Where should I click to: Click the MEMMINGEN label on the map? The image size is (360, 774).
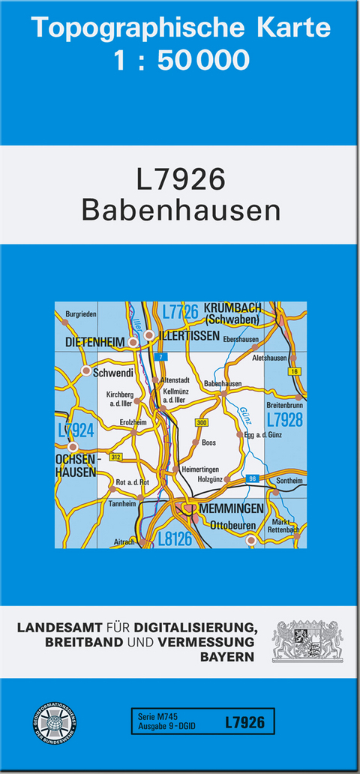(x=232, y=508)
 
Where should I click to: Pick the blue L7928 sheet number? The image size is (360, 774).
(x=284, y=419)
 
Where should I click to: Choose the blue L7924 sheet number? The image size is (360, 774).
(x=76, y=430)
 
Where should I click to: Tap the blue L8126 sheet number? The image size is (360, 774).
(x=176, y=538)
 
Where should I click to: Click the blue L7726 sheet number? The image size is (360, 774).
(x=179, y=310)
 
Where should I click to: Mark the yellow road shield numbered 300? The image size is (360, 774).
(x=201, y=424)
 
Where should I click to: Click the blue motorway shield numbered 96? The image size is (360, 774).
(x=253, y=478)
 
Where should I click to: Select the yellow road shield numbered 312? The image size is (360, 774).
(x=115, y=457)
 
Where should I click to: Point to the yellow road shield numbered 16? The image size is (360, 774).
(x=294, y=371)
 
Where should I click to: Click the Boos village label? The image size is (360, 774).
(x=209, y=443)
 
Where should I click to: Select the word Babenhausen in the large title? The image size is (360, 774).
(x=181, y=210)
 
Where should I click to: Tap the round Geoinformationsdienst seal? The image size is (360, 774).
(x=57, y=724)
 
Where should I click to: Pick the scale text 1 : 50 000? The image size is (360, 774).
(x=181, y=59)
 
